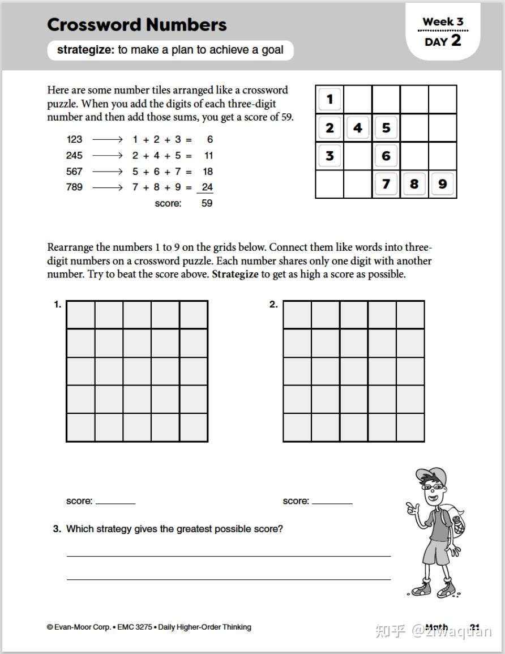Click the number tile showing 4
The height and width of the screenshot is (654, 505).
tap(357, 128)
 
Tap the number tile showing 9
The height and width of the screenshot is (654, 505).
tap(442, 184)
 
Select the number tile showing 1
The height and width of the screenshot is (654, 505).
tap(329, 100)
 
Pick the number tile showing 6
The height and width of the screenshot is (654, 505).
tap(386, 156)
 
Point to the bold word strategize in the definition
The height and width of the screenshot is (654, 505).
tap(85, 50)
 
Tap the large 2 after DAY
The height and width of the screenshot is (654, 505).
tap(456, 41)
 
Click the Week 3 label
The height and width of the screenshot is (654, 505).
tap(443, 22)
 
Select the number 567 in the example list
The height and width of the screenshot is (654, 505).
tap(74, 172)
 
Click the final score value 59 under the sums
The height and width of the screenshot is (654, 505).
tap(207, 203)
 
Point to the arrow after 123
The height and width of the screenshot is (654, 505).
tap(107, 140)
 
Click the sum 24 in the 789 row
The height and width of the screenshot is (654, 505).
tap(207, 187)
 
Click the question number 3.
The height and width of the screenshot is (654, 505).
tap(57, 529)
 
